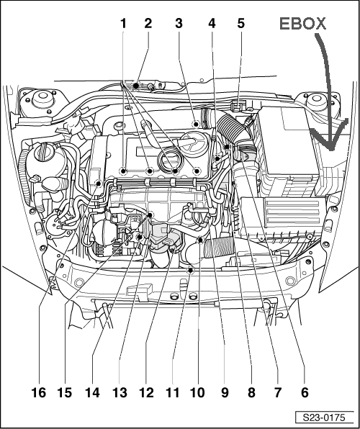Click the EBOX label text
point(303,24)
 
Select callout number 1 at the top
point(123,24)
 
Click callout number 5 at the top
point(240,24)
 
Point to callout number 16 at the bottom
point(39,393)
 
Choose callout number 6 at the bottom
point(305,393)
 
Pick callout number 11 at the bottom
point(172,393)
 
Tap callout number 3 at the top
point(179,24)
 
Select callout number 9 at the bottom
point(225,393)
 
